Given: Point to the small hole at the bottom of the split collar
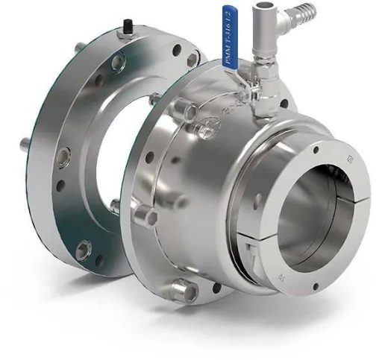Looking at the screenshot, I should (x=316, y=285).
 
